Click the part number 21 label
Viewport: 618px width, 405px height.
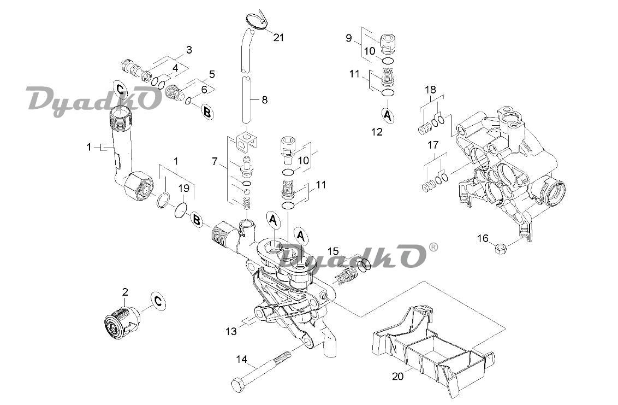(x=278, y=38)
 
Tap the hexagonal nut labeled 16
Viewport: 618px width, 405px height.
(x=501, y=249)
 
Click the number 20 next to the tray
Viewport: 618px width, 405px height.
(x=397, y=376)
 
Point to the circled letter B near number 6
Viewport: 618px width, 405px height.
(x=207, y=111)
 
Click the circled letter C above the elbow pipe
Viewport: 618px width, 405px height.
(x=121, y=90)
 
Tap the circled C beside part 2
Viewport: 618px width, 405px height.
(x=158, y=302)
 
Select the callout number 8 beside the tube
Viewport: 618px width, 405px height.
(x=264, y=99)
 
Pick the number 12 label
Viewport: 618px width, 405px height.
(x=377, y=132)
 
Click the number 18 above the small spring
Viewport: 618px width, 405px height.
(x=430, y=90)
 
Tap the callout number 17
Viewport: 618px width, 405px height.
(x=433, y=145)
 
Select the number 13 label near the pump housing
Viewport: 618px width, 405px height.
(x=231, y=331)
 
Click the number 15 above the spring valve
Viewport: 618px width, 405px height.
(x=333, y=251)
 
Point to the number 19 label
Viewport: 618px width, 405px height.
(x=184, y=188)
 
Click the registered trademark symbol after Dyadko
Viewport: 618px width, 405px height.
(x=433, y=247)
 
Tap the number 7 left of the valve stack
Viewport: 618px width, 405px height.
(x=215, y=161)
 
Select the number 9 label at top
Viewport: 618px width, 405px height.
(x=348, y=38)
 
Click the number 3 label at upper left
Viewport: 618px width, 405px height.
(x=189, y=50)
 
